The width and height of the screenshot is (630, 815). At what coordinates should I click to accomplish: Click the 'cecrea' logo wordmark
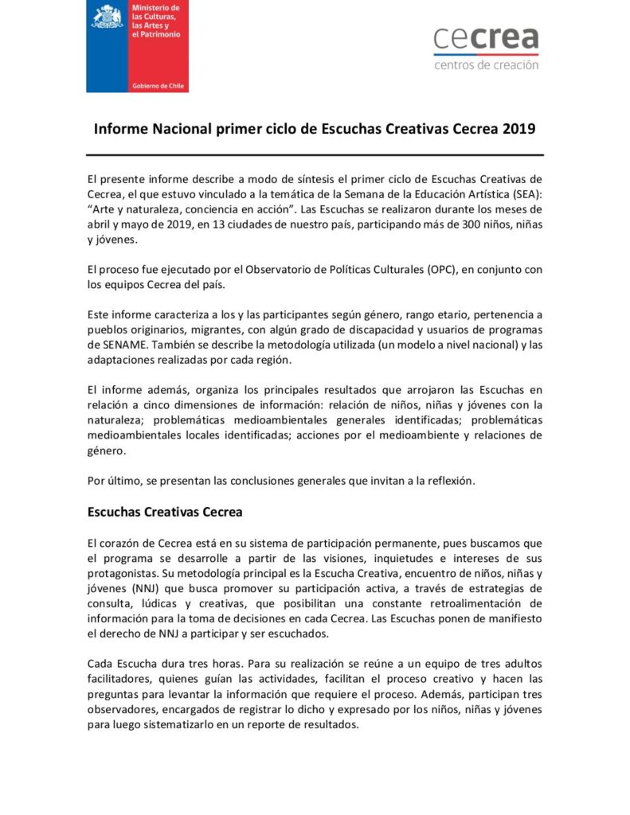coord(486,37)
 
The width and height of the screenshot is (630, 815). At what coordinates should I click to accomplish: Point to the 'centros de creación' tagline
coord(486,65)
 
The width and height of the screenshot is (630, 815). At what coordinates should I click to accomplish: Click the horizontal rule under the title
coord(315,154)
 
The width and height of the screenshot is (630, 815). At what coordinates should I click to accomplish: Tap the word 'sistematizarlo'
coord(180,724)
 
